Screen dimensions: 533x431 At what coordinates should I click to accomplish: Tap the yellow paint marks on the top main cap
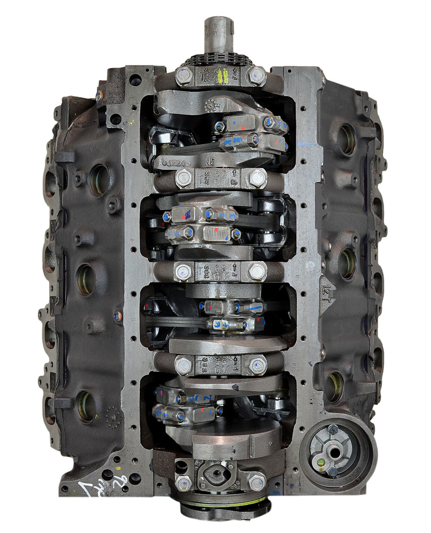pyautogui.click(x=223, y=75)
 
